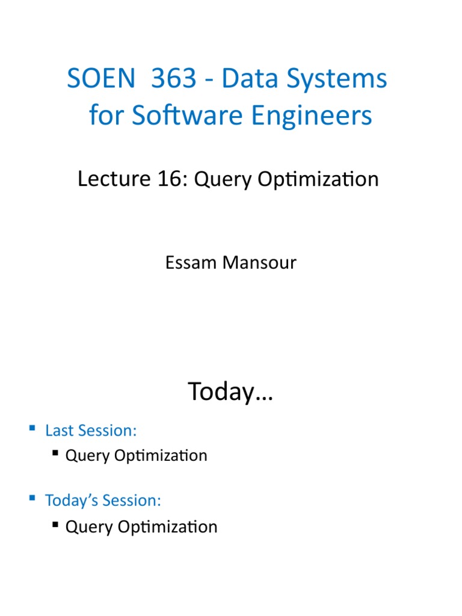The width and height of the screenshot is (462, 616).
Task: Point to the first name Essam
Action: click(x=187, y=263)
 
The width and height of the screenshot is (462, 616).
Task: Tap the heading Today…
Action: click(x=230, y=392)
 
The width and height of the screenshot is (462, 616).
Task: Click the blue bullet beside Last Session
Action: click(x=32, y=429)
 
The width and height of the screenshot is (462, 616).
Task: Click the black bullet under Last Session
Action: click(x=56, y=453)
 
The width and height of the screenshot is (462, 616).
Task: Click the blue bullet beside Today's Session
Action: click(x=32, y=499)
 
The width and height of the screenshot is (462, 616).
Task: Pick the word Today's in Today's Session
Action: click(x=72, y=500)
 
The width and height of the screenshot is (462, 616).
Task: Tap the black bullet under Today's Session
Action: click(x=56, y=525)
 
